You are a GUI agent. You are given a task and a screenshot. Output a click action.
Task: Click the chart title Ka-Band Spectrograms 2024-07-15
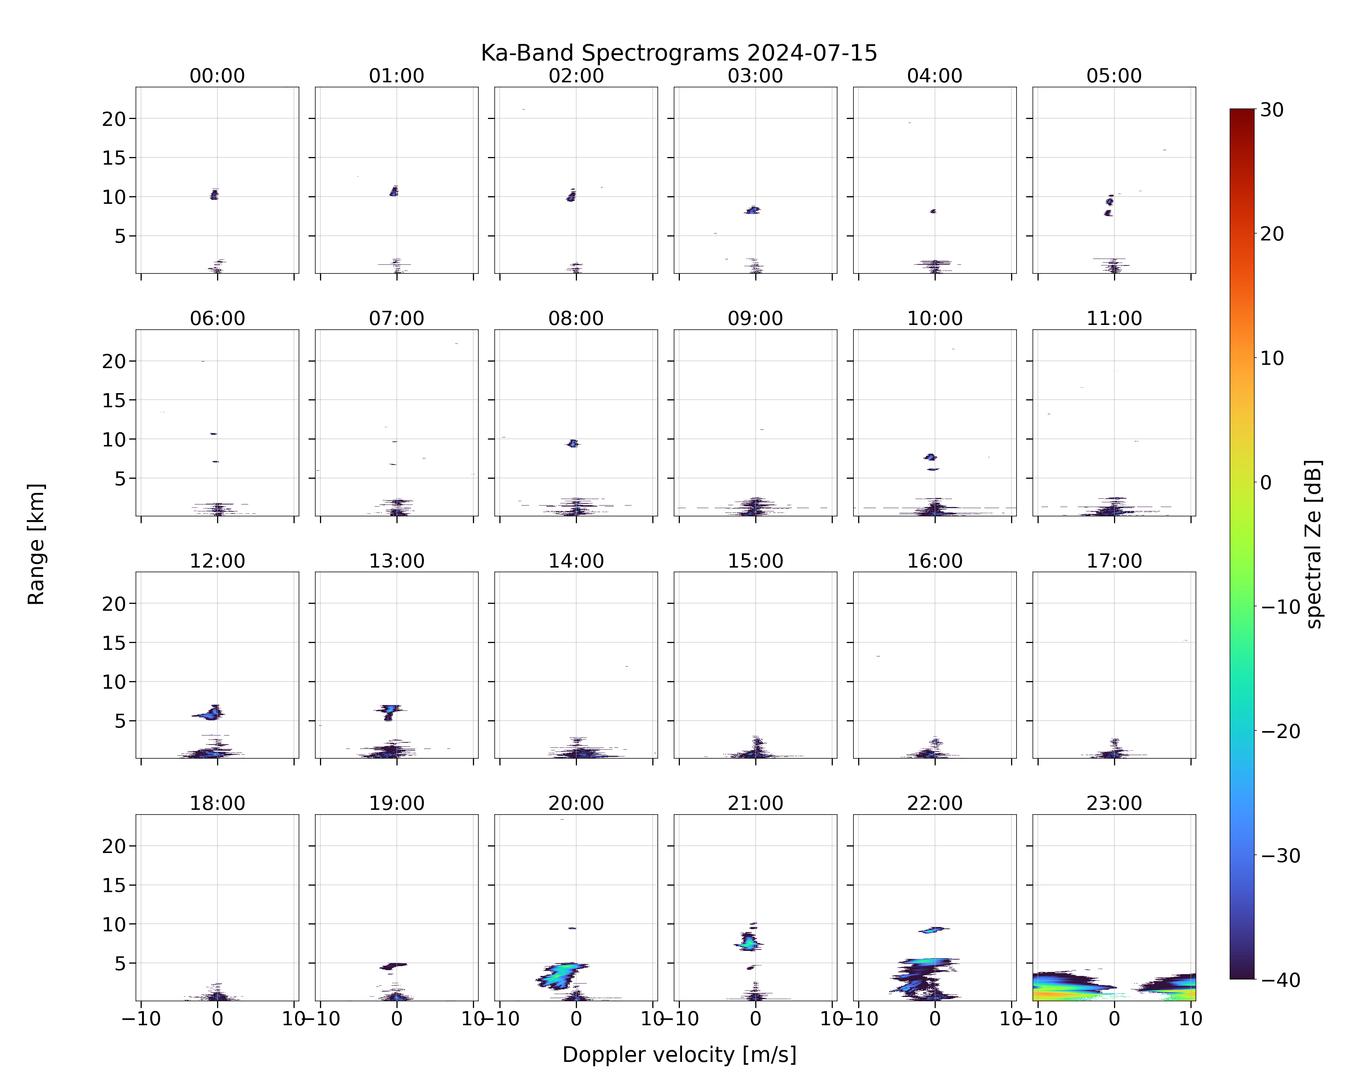pyautogui.click(x=679, y=53)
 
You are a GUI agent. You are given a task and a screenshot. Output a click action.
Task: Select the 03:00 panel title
pyautogui.click(x=755, y=76)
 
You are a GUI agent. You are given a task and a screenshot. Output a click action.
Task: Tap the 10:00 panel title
pyautogui.click(x=935, y=318)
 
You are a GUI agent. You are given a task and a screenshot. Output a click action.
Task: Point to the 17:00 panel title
pyautogui.click(x=1114, y=561)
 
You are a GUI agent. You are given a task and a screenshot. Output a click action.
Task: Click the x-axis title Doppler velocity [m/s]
pyautogui.click(x=679, y=1055)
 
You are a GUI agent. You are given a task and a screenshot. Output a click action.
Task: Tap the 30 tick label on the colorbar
pyautogui.click(x=1272, y=110)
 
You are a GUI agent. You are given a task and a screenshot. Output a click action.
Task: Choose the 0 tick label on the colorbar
pyautogui.click(x=1266, y=482)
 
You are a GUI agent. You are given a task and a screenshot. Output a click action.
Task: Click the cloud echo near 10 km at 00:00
pyautogui.click(x=214, y=194)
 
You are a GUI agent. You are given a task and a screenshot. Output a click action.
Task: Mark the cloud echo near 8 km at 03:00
pyautogui.click(x=753, y=210)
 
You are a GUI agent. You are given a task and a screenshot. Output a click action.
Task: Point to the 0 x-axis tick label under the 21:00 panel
pyautogui.click(x=755, y=1019)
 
